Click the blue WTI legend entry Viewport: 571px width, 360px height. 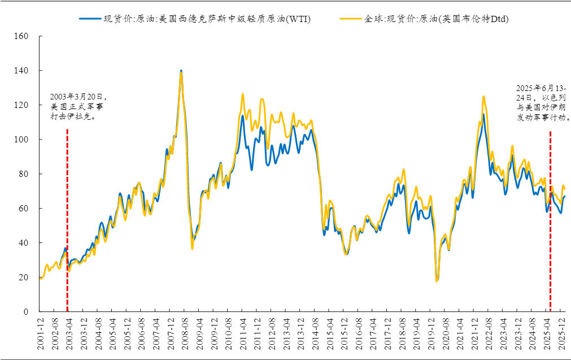point(195,19)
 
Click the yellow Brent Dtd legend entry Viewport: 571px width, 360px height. point(424,19)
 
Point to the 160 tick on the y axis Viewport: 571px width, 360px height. point(21,36)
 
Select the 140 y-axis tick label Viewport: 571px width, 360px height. point(21,71)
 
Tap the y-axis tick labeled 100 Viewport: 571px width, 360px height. point(21,140)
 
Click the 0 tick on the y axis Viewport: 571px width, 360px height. point(25,312)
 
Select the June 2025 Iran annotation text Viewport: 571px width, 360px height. point(542,103)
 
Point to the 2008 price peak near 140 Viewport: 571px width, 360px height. point(181,71)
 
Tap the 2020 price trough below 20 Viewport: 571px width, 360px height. point(437,280)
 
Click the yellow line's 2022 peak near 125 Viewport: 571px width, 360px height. point(483,97)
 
